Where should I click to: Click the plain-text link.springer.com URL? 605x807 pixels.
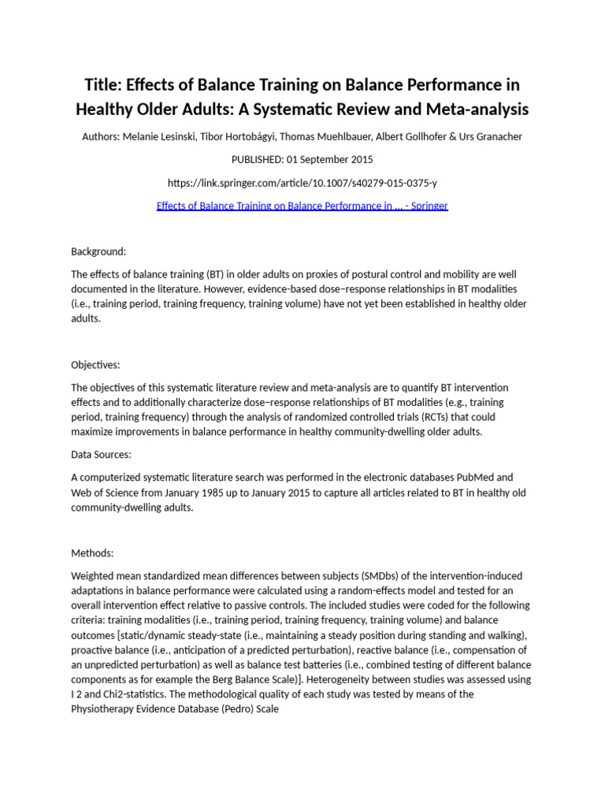pyautogui.click(x=302, y=183)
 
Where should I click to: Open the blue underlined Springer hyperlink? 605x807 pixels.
pyautogui.click(x=302, y=206)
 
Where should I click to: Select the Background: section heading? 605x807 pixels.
pyautogui.click(x=98, y=251)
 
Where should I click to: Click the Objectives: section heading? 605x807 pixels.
pyautogui.click(x=96, y=365)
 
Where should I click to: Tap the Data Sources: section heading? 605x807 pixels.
pyautogui.click(x=101, y=455)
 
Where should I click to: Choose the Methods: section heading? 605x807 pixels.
pyautogui.click(x=92, y=552)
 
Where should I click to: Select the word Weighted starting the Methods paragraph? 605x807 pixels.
pyautogui.click(x=94, y=576)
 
